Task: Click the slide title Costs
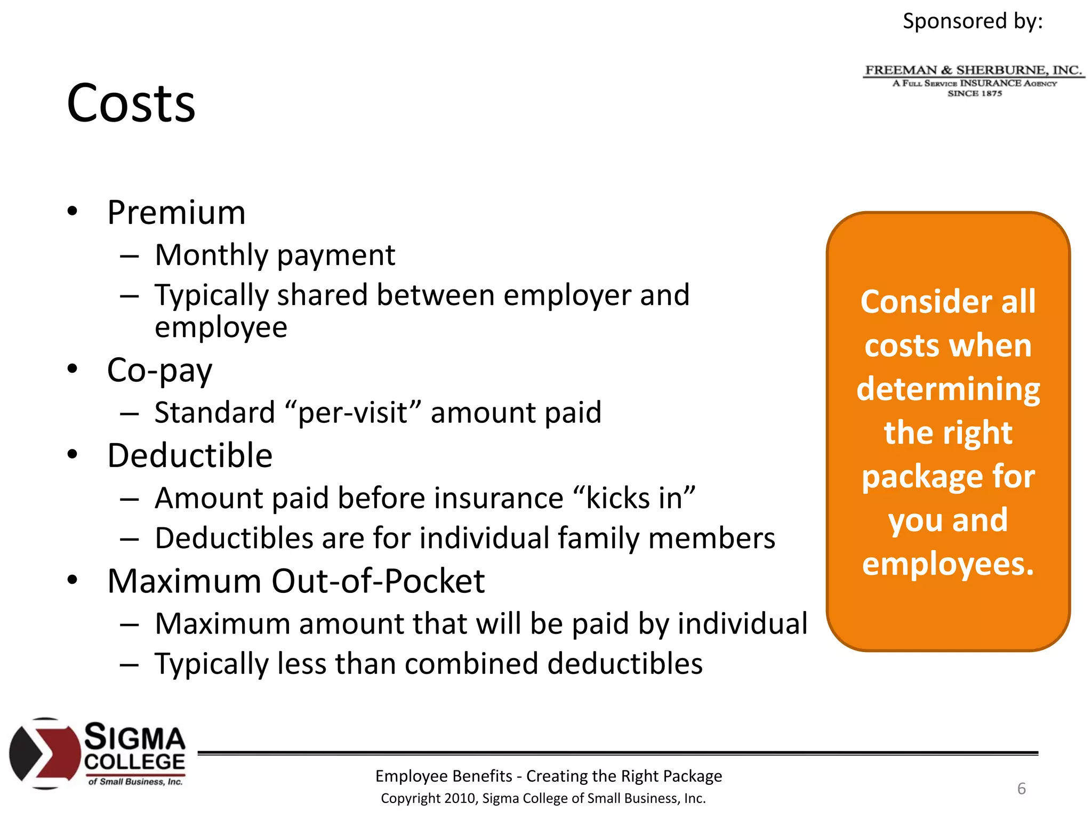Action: point(131,103)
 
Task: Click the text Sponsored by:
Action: point(972,21)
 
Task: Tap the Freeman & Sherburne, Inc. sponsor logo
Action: point(974,81)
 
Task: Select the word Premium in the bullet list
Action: point(176,213)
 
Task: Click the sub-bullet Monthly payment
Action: point(275,255)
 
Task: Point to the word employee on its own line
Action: point(221,327)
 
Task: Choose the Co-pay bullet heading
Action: point(159,371)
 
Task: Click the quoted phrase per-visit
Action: point(353,413)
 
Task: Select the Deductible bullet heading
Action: point(190,456)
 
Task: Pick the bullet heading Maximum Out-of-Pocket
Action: point(296,581)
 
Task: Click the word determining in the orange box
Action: point(948,389)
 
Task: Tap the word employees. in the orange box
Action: point(948,564)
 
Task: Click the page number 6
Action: point(1021,789)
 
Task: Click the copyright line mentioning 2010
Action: point(543,799)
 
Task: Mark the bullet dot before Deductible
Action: point(73,455)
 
